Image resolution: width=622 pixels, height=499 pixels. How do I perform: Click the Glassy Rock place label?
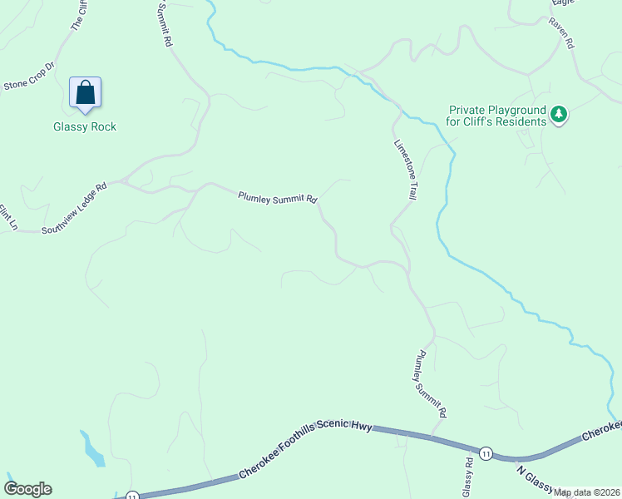(85, 126)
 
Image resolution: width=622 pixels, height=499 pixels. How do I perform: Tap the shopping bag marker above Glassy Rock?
(86, 92)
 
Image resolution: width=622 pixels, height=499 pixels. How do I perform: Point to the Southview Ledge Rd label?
(75, 207)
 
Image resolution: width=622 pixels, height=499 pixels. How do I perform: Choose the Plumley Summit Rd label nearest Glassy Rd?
(431, 383)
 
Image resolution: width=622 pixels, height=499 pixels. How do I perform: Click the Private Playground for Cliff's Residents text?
(497, 116)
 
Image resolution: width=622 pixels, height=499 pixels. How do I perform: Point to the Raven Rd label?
(561, 32)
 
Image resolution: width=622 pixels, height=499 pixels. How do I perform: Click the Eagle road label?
(563, 3)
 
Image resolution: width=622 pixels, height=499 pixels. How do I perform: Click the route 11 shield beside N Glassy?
(486, 453)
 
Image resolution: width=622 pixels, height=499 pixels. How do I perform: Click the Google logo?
(27, 489)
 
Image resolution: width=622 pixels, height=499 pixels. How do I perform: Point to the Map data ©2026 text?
(587, 492)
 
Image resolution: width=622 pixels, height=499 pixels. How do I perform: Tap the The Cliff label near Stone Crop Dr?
(77, 15)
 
